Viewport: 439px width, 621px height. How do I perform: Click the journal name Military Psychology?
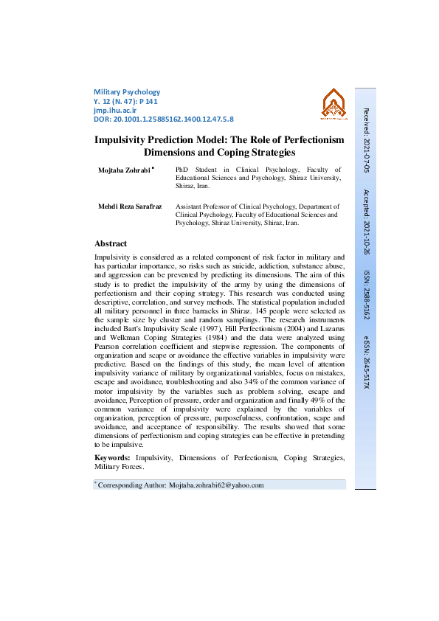(127, 91)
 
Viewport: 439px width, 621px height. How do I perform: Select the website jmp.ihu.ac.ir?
(114, 109)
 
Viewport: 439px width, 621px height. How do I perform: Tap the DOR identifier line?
(164, 118)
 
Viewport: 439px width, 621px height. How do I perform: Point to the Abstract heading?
(111, 243)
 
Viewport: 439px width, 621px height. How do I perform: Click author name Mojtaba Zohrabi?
(124, 170)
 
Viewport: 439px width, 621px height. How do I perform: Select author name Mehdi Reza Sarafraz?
(130, 207)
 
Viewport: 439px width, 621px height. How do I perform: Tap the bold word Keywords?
(113, 458)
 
